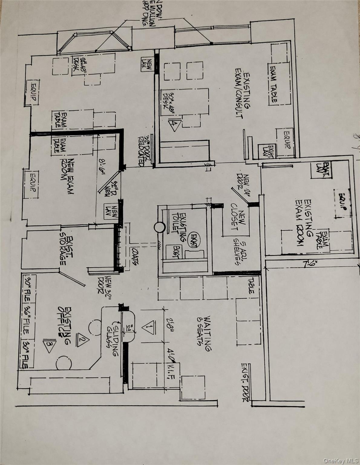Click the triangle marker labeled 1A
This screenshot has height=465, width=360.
click(x=175, y=125)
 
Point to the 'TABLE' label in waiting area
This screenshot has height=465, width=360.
click(x=251, y=286)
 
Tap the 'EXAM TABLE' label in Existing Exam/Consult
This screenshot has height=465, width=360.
click(x=273, y=84)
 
